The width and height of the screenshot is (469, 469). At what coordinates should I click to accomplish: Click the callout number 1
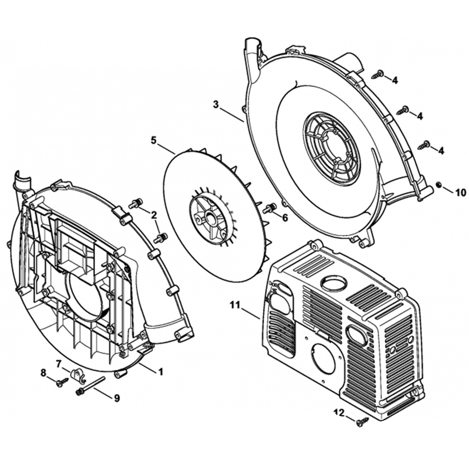pyautogui.click(x=160, y=372)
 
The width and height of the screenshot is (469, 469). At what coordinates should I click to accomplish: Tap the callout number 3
pyautogui.click(x=216, y=105)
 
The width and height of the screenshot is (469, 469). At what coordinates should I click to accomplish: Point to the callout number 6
pyautogui.click(x=285, y=218)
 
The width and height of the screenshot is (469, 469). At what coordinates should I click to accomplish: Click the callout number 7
pyautogui.click(x=59, y=364)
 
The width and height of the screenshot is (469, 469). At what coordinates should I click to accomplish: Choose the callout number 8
pyautogui.click(x=44, y=373)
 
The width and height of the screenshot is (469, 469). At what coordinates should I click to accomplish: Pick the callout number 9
pyautogui.click(x=117, y=398)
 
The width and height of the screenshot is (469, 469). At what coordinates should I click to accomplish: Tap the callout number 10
pyautogui.click(x=461, y=193)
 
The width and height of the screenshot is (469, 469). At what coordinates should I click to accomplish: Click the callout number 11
pyautogui.click(x=235, y=305)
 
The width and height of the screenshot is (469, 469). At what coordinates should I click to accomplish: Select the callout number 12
pyautogui.click(x=339, y=413)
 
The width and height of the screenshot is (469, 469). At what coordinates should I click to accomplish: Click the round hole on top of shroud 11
pyautogui.click(x=333, y=282)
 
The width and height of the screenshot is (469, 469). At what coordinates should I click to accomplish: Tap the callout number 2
pyautogui.click(x=154, y=215)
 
